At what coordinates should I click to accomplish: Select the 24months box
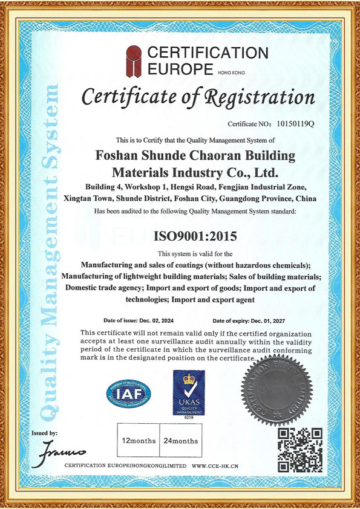[x=180, y=441]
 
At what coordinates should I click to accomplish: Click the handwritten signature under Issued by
[x=62, y=451]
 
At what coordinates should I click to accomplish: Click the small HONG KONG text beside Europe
[x=232, y=72]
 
